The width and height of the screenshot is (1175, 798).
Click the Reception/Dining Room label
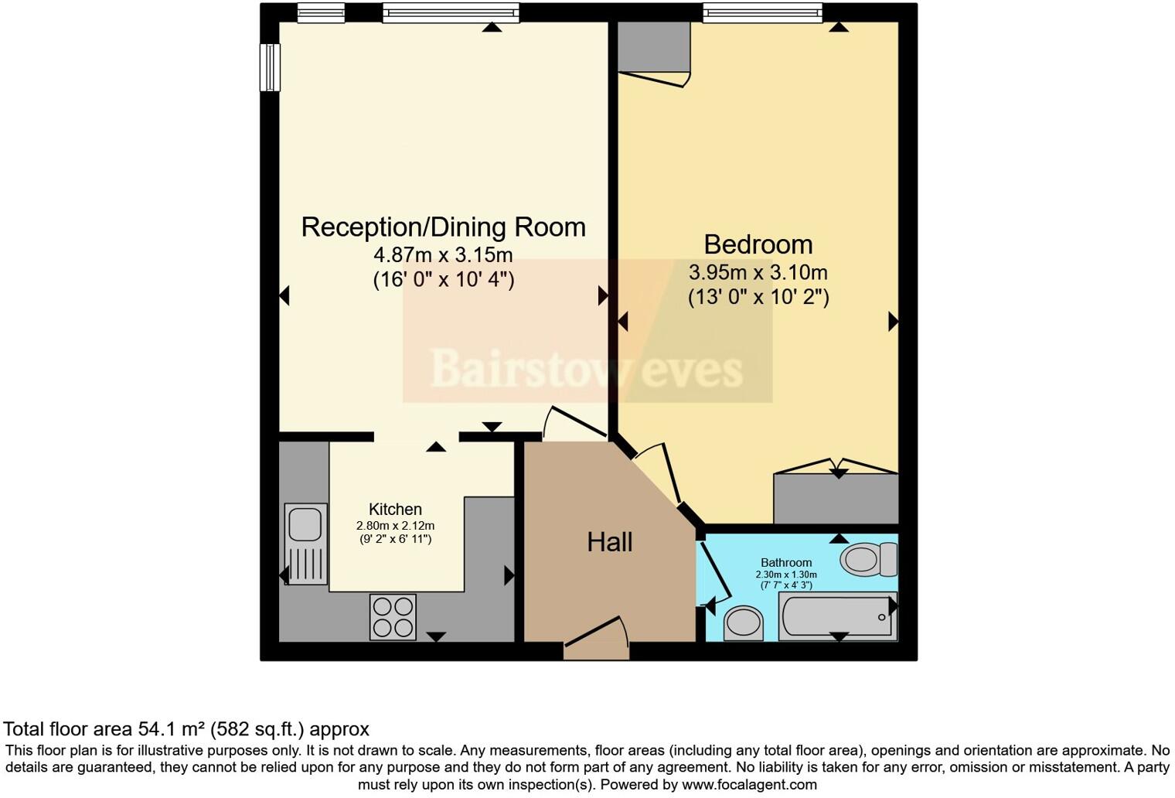pos(443,227)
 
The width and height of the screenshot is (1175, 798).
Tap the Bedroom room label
pos(758,244)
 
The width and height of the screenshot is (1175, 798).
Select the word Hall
pos(609,542)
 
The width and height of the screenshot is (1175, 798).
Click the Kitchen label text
pos(395,509)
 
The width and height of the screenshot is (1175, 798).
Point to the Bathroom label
pos(786,562)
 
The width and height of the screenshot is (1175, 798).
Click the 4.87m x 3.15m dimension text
pos(443,254)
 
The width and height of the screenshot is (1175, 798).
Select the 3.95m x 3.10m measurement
pos(758,272)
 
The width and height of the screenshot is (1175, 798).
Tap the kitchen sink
pos(305,543)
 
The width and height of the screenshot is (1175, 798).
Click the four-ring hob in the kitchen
pos(393,617)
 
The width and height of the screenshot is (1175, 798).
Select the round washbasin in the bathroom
pos(744,622)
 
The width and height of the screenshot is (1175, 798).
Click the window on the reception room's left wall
pos(269,67)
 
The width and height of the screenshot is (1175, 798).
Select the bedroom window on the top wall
pos(761,12)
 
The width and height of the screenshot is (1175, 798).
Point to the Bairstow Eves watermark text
pos(586,368)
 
